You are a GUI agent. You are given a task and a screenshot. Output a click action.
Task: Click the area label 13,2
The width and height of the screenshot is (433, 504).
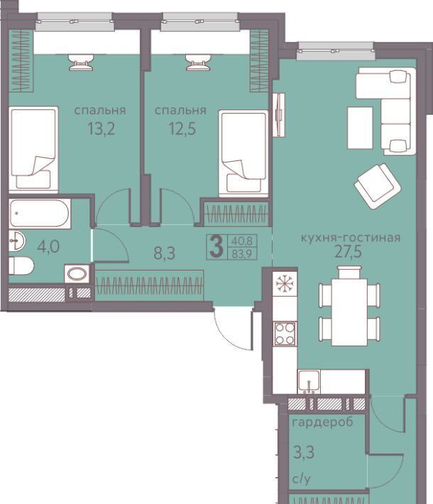pos(101,129)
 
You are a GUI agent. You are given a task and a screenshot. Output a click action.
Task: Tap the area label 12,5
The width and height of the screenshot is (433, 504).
pos(182,129)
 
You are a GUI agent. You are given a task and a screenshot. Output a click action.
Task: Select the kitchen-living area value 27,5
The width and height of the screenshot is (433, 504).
pos(348,252)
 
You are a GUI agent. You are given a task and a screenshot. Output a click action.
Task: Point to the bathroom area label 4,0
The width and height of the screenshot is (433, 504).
pos(48,247)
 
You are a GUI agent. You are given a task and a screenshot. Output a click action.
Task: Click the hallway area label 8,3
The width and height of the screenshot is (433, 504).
pos(164,253)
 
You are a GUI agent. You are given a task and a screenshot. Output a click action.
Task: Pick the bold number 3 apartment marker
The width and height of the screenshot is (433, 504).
pos(217,246)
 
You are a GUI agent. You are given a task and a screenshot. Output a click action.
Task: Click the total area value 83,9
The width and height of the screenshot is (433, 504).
pos(242,254)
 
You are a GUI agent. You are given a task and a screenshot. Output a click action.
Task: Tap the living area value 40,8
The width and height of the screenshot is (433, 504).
pos(242,241)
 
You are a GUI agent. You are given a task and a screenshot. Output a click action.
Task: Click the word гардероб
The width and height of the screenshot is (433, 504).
pos(322,422)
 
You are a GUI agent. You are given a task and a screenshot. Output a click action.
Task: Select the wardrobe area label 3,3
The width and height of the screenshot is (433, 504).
pos(304,452)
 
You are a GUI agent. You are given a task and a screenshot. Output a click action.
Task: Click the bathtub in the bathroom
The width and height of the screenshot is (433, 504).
pos(40,214)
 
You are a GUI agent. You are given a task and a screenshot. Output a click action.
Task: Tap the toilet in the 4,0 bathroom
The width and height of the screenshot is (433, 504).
pos(21,265)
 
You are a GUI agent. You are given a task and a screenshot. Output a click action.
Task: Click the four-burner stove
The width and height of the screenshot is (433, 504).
pos(285,334)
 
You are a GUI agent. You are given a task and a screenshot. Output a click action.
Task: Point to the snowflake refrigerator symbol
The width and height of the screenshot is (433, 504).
pos(285,283)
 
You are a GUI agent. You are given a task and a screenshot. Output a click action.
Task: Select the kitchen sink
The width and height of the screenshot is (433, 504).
pos(309,381)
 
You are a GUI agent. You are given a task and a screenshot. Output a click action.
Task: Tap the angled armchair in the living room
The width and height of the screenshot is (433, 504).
pos(378,187)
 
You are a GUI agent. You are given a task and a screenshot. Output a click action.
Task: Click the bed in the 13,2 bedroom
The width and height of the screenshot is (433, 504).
pos(33,150)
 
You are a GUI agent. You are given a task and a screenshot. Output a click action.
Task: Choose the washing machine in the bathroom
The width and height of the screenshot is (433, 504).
pos(77,274)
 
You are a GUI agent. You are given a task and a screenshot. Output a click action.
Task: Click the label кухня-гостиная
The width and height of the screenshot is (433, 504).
pos(351,238)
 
